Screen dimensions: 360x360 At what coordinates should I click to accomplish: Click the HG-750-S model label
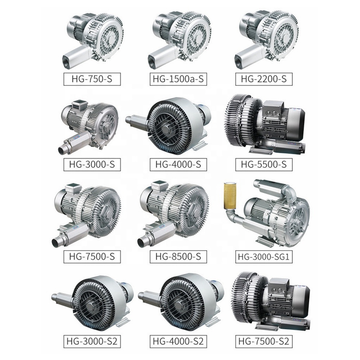pos(92,79)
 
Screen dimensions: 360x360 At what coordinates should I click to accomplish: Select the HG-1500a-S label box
pos(178,79)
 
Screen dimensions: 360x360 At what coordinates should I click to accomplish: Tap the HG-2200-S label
pos(264,79)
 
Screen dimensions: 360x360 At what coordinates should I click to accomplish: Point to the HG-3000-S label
pos(92,165)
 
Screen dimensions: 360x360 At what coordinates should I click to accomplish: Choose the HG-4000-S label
pos(178,165)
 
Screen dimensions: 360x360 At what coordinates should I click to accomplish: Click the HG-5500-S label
pos(264,165)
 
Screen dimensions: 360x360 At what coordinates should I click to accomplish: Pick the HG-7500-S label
pos(92,256)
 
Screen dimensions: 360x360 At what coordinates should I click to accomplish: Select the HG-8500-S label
pos(178,256)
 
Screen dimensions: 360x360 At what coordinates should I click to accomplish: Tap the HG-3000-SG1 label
pos(264,256)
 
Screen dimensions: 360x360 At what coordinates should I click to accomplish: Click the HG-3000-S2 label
pos(92,341)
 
